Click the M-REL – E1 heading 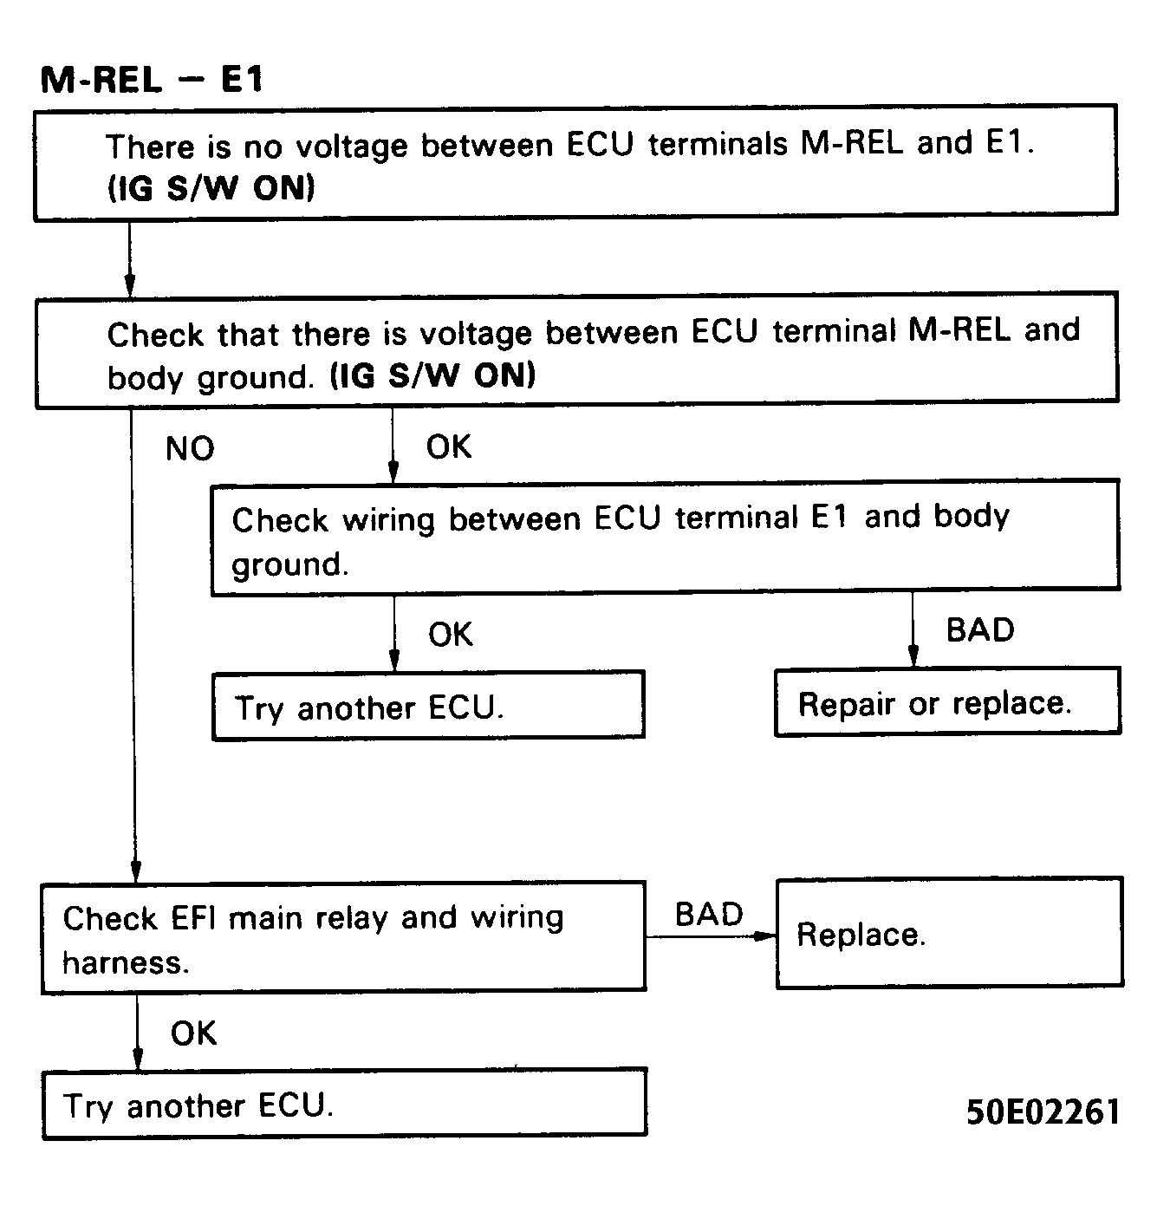(152, 80)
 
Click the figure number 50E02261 (1043, 1111)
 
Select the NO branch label (190, 449)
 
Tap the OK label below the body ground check (449, 447)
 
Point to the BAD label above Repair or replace (979, 629)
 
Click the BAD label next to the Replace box (709, 915)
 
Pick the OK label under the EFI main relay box (193, 1033)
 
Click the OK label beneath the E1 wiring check (451, 635)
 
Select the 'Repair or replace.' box (946, 702)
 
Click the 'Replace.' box (949, 933)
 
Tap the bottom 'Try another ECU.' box (344, 1103)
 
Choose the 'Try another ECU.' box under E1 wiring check (428, 706)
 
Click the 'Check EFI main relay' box (343, 937)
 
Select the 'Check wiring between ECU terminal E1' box (665, 538)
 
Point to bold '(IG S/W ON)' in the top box (211, 188)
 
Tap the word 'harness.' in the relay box (127, 962)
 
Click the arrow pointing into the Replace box (763, 936)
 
